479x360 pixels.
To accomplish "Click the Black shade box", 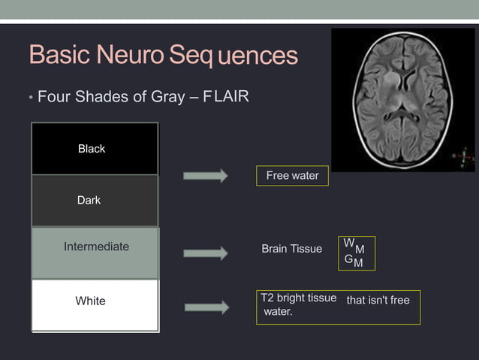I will [95, 149].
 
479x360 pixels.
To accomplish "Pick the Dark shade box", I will [95, 201].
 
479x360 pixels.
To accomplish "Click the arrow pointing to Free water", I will [206, 176].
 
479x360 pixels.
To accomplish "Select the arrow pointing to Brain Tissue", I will [206, 253].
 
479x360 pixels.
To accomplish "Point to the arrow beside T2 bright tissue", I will [206, 307].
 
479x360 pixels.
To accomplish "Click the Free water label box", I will [292, 176].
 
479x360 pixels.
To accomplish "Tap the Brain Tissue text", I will [291, 249].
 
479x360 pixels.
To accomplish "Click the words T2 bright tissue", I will [298, 298].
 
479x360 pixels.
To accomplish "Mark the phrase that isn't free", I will [378, 301].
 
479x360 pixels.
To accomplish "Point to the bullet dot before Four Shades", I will [31, 98].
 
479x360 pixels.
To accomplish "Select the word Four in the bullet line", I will [53, 97].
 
